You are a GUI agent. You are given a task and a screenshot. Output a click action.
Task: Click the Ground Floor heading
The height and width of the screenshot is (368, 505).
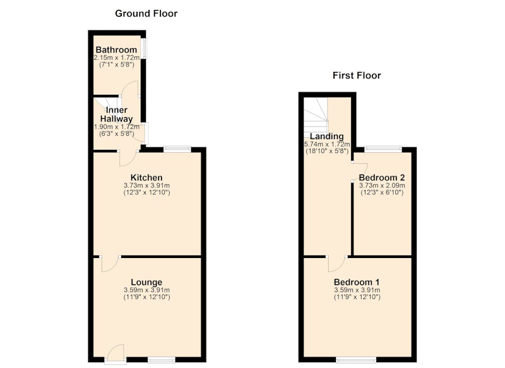tap(146, 13)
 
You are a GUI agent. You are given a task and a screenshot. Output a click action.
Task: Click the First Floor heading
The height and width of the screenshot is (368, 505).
tap(357, 75)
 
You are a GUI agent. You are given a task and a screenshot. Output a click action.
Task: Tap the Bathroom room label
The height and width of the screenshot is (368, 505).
tap(116, 50)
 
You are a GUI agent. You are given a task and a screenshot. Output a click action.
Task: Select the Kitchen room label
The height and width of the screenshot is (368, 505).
tap(146, 178)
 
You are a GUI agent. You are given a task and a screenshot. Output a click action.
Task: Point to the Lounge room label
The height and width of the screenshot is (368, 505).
tap(146, 282)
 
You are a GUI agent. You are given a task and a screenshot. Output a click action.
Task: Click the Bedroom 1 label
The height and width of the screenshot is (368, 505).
tap(357, 282)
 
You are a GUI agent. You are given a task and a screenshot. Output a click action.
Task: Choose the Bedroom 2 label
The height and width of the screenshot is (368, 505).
tap(382, 178)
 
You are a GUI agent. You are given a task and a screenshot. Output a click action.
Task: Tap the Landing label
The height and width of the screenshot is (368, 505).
tap(327, 136)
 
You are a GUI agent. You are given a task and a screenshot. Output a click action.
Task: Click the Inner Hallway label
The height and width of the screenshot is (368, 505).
tap(117, 114)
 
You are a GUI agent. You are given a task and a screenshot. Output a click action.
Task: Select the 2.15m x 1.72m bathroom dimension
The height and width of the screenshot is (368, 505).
tap(117, 58)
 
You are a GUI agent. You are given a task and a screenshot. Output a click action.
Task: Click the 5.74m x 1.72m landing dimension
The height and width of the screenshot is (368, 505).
tap(327, 144)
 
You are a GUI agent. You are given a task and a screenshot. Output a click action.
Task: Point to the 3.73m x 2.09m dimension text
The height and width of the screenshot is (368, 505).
tap(382, 185)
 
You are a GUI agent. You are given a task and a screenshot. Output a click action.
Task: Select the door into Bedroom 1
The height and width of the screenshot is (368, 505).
tap(337, 264)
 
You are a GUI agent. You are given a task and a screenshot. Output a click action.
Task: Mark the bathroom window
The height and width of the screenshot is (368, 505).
tap(144, 49)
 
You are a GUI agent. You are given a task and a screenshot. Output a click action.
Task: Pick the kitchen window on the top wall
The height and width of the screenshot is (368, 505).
tap(177, 149)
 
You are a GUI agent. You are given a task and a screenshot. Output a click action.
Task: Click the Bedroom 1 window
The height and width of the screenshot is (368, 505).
tap(356, 359)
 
